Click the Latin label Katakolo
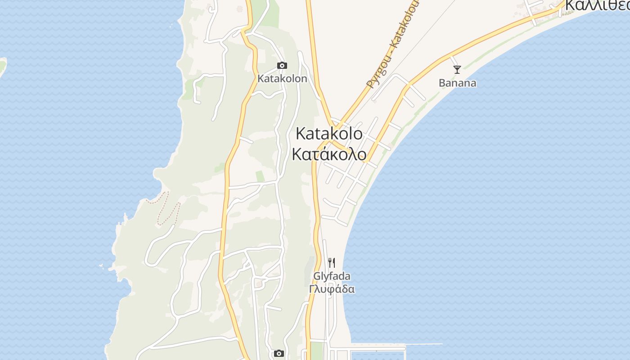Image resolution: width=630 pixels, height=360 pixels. coord(329,134)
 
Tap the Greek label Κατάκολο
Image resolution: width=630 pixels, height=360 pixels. coord(329,154)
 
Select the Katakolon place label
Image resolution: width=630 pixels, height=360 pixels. coord(282,79)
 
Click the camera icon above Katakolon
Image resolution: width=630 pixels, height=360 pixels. coord(282,66)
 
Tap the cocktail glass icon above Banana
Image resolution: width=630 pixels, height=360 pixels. coord(457,69)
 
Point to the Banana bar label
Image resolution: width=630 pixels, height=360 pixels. coord(457,83)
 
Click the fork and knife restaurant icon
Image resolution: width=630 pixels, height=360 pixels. coord(332,263)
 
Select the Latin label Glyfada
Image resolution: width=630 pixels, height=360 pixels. coord(332,276)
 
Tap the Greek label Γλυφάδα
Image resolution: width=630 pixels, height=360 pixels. coord(332,289)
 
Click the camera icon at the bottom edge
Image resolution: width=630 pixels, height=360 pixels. coord(279,354)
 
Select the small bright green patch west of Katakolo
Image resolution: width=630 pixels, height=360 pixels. coord(260,176)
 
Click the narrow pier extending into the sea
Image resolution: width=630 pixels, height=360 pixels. coord(423,345)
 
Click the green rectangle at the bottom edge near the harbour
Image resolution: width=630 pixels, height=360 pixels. coord(317,351)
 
